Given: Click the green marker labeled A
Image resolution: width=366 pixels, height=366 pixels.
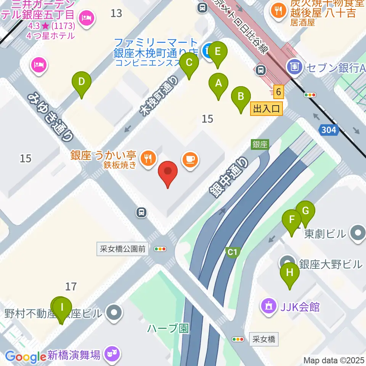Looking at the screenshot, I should point(218,84).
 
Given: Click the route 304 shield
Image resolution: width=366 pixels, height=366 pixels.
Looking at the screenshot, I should point(328,130).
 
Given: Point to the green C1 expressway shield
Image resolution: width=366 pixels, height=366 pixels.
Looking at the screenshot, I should point(233,252).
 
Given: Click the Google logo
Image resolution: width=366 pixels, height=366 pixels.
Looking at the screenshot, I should point(26,357).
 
